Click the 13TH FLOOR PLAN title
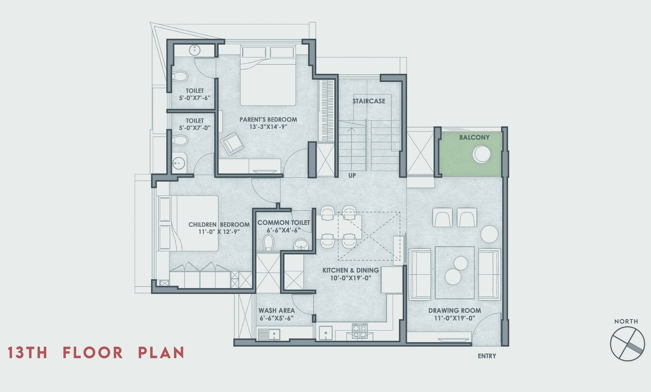coord(96,352)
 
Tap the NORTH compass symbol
coord(628,344)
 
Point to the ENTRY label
coord(487,356)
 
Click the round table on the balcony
coord(481,154)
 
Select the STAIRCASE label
coord(369,101)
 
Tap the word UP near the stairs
coord(352,176)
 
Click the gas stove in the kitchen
coord(360,331)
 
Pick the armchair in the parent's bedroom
coord(232,143)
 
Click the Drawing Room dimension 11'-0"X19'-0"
coord(455,318)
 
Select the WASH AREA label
coord(276,311)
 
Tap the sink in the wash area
coord(274,334)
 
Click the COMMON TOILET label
coord(284,223)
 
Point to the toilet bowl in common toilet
coord(268,243)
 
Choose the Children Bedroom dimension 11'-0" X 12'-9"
coord(219,232)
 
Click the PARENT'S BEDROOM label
coord(268,119)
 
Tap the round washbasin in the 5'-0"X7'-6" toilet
coord(195,50)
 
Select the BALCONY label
coord(474,137)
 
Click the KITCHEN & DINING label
coord(350,270)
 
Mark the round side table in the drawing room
coord(490,234)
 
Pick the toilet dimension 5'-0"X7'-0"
coord(195,128)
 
